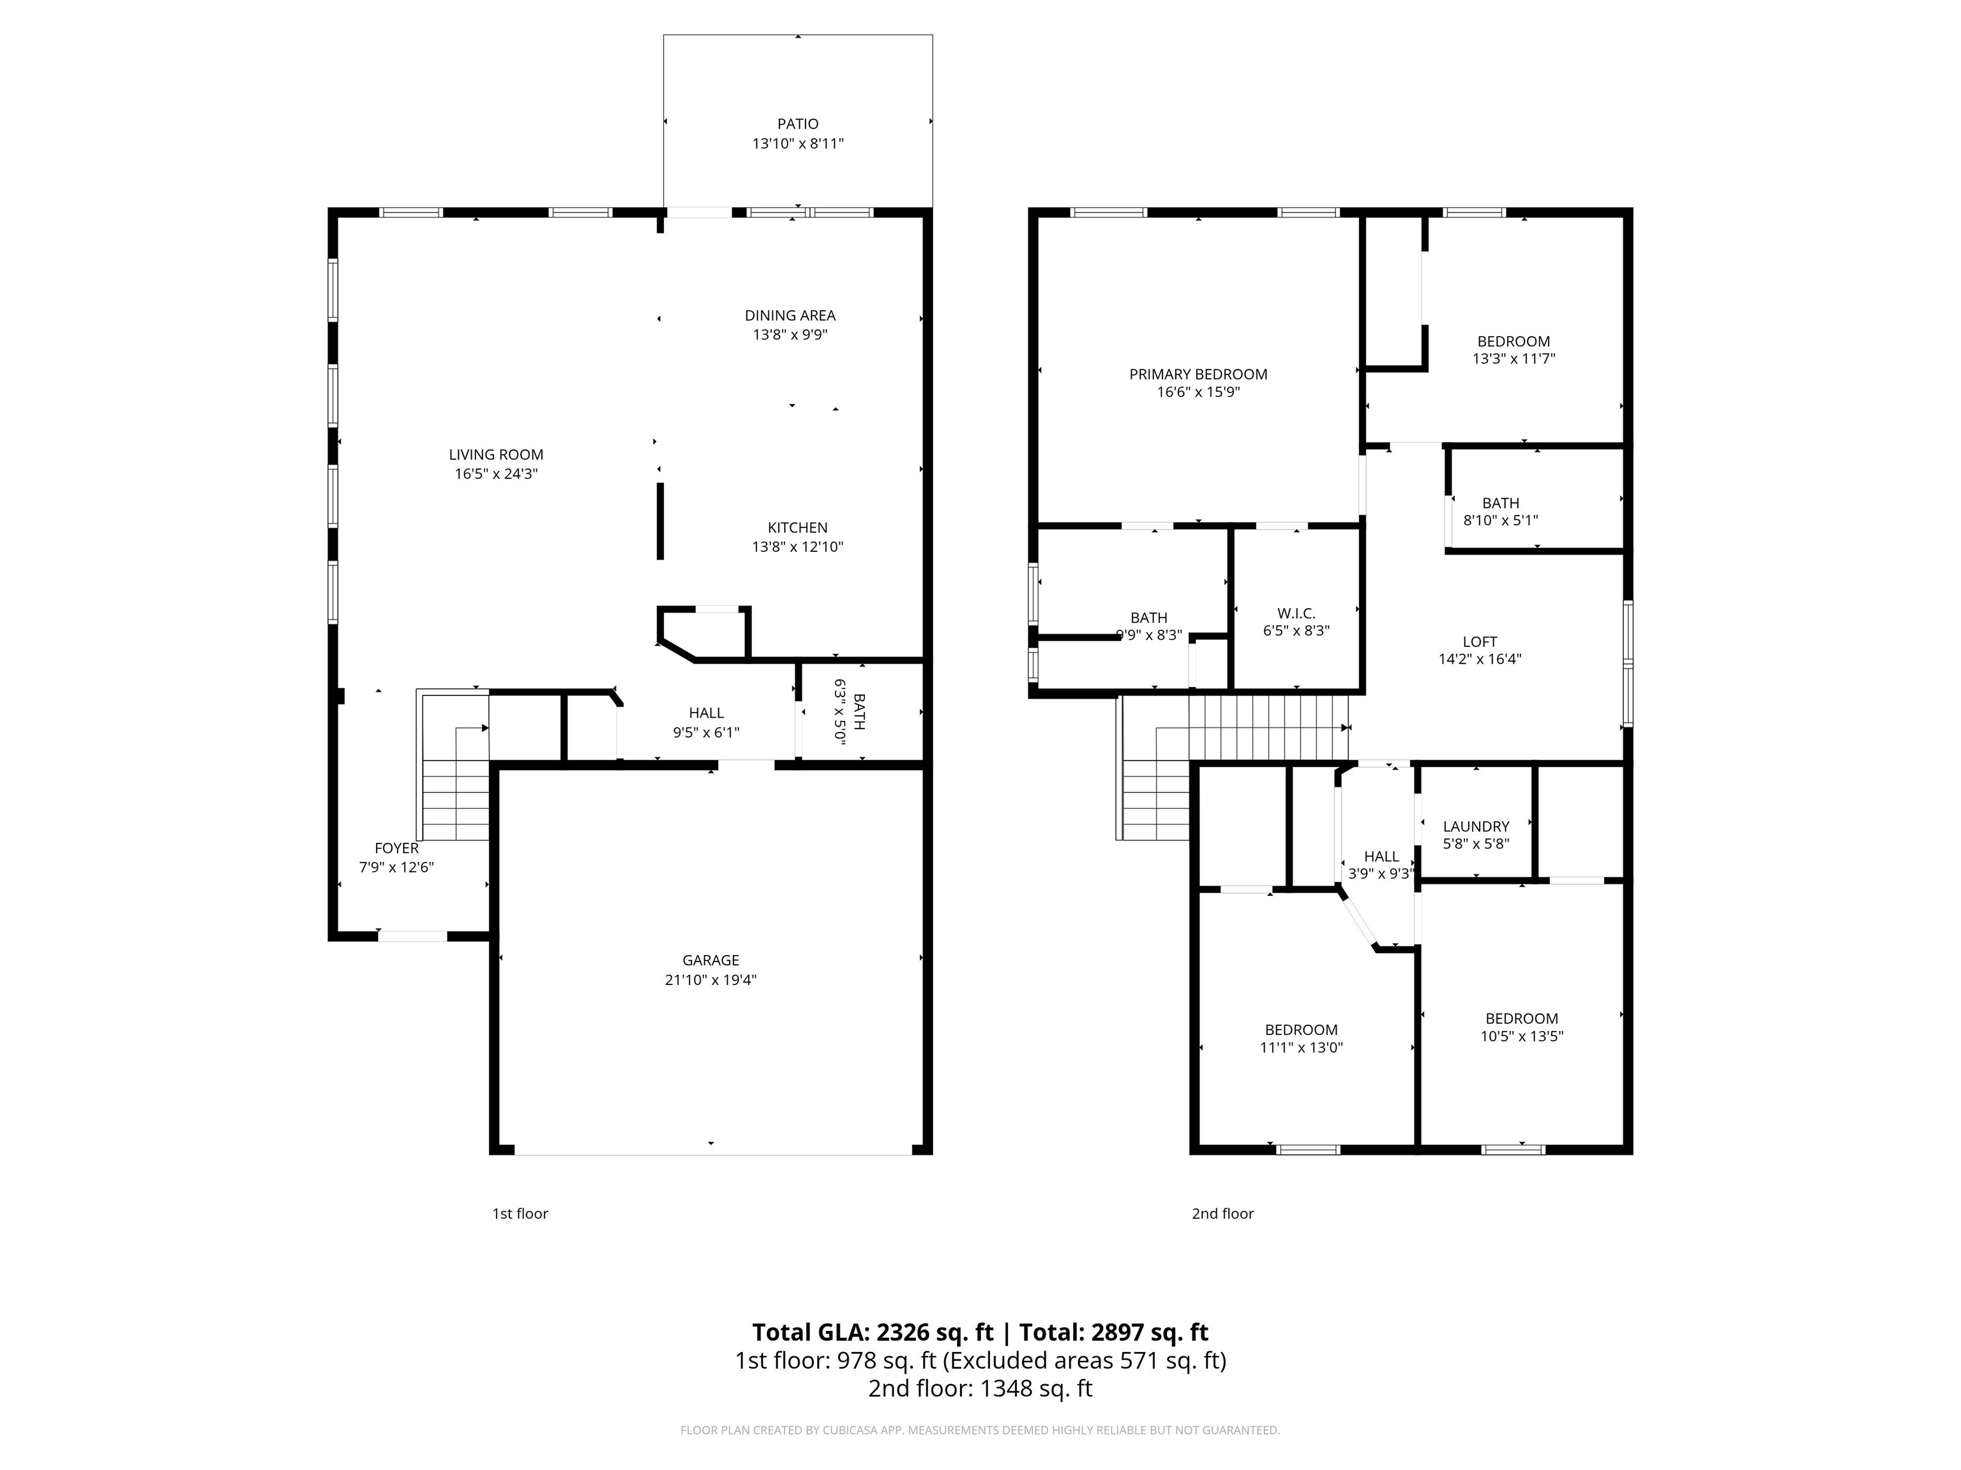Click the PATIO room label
[x=797, y=124]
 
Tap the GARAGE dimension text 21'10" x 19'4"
[x=710, y=980]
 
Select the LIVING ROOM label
[x=495, y=454]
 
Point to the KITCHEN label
[x=797, y=527]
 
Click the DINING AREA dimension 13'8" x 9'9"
[x=790, y=335]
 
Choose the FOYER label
[x=396, y=848]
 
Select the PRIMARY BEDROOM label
[x=1198, y=374]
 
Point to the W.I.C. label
[x=1296, y=613]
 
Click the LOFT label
[x=1480, y=641]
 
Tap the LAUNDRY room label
[x=1475, y=826]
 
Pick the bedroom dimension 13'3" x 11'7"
[x=1514, y=359]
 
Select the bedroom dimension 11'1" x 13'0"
[x=1300, y=1048]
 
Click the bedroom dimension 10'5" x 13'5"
[x=1521, y=1036]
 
